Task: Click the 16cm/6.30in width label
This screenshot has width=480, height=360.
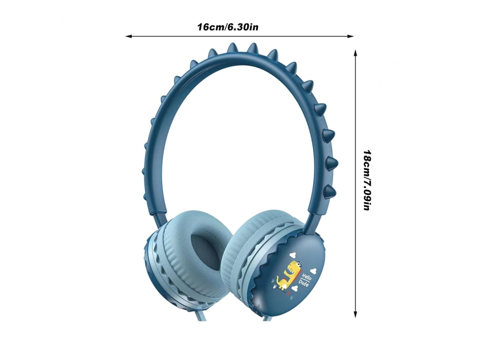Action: point(227,27)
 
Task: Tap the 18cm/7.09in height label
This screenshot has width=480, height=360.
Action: point(367,180)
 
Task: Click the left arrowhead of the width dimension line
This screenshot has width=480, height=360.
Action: point(129,37)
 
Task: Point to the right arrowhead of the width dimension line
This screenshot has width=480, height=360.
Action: point(350,37)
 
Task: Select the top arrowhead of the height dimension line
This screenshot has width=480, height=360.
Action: point(355,53)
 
